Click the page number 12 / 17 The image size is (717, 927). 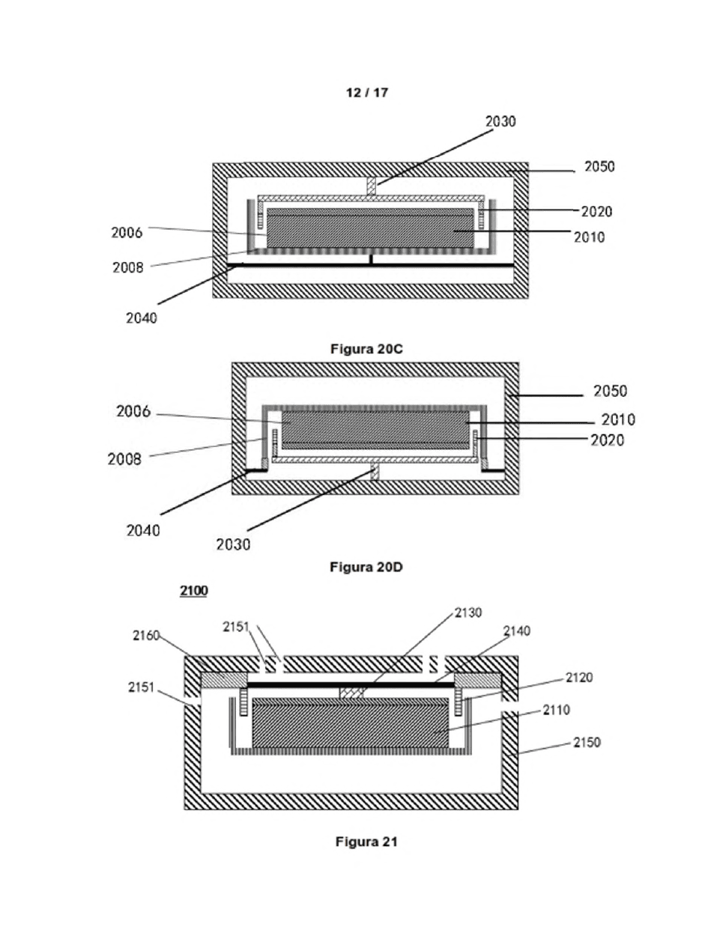(367, 93)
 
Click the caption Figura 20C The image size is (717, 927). (366, 349)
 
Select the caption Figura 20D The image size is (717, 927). (366, 567)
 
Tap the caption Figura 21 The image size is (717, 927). (366, 841)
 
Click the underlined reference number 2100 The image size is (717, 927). (194, 591)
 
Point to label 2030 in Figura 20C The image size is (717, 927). (500, 121)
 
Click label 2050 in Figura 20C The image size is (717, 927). (599, 166)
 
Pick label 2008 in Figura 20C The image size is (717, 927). (128, 267)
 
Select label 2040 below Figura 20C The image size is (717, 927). (142, 317)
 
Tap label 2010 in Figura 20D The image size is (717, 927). (618, 420)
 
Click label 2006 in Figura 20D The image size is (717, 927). (133, 412)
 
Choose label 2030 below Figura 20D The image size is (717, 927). (233, 545)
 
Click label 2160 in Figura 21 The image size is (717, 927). (146, 636)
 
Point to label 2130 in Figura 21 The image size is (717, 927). (468, 613)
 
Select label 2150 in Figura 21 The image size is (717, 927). (587, 742)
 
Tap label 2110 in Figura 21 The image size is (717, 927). (557, 710)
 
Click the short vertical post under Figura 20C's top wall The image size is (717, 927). (372, 186)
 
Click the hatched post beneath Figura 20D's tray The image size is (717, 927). (375, 472)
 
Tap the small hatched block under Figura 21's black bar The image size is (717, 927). (351, 693)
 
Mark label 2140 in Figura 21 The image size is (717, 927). (516, 631)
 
